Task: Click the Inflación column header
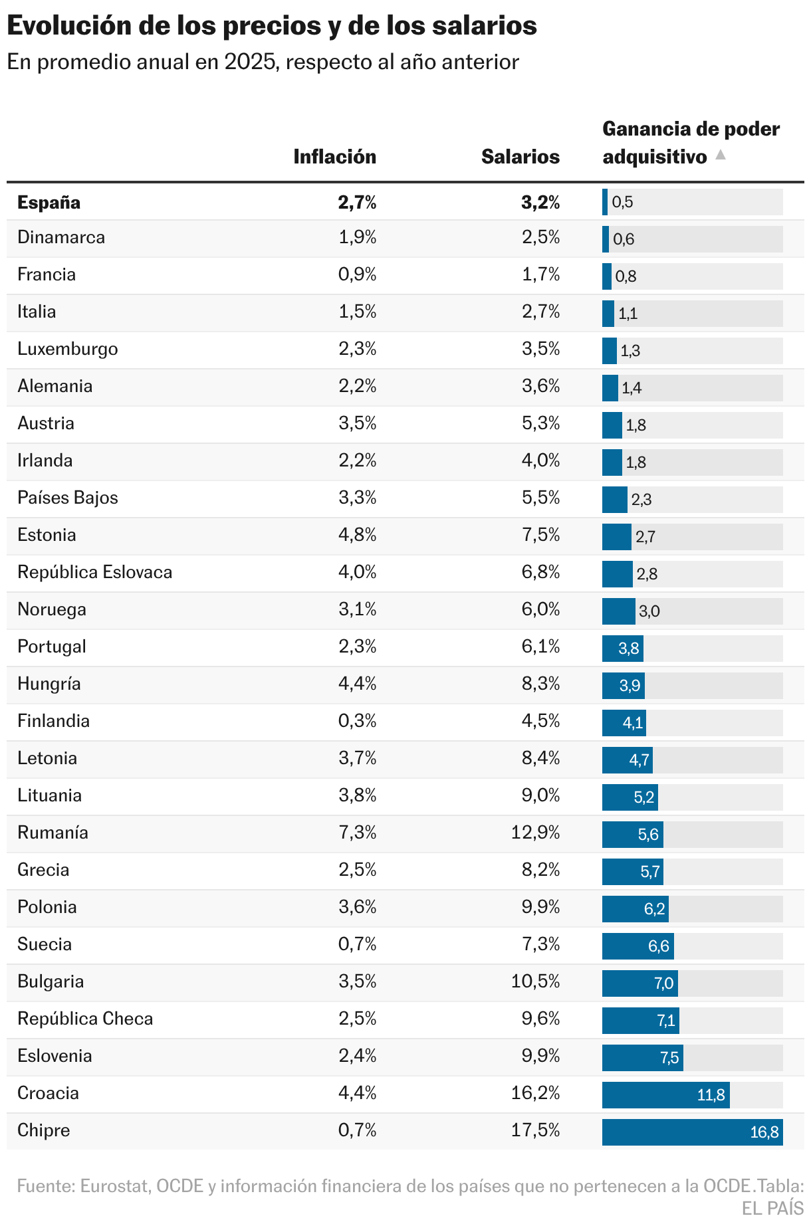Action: tap(334, 157)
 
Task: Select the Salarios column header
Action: tap(520, 157)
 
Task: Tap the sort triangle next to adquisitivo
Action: tap(720, 155)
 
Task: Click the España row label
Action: tap(49, 203)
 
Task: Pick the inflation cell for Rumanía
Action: tap(358, 833)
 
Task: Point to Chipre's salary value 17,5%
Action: tap(535, 1130)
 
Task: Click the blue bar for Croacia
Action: tap(665, 1094)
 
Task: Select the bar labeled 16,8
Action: tap(691, 1132)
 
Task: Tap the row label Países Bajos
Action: tap(67, 498)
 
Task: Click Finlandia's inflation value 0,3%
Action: tap(358, 721)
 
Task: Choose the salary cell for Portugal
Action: tap(540, 647)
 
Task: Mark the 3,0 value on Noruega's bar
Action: tap(649, 611)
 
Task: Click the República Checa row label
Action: tap(85, 1019)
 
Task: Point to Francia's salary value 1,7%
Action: tap(540, 274)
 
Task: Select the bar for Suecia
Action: tap(637, 946)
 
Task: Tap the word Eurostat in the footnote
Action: tap(114, 1186)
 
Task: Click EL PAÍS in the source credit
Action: tap(772, 1208)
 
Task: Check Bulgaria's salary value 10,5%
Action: tap(535, 981)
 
